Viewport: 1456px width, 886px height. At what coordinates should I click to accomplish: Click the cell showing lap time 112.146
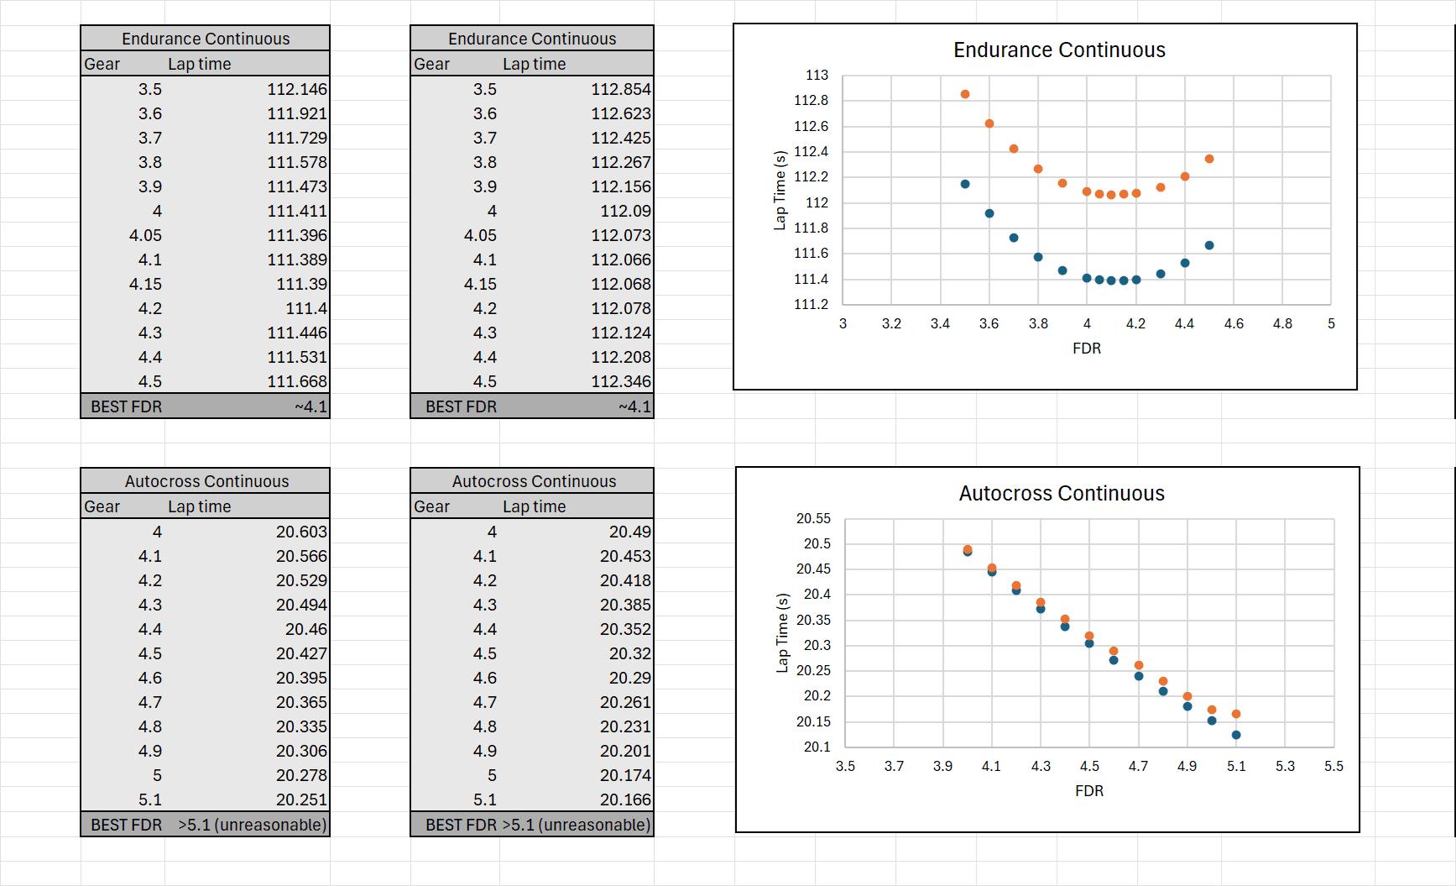tap(296, 89)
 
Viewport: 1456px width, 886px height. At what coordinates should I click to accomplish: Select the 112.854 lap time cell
tap(620, 89)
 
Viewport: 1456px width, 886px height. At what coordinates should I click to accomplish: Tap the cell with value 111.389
tap(296, 260)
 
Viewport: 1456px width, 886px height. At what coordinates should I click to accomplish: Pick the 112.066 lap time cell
tap(620, 260)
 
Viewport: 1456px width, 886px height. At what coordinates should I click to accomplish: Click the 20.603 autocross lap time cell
tap(301, 532)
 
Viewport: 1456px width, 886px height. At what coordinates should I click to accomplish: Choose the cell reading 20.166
tap(625, 799)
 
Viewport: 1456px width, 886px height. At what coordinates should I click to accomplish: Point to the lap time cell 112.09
tap(625, 211)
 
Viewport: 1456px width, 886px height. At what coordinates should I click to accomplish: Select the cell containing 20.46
tap(305, 629)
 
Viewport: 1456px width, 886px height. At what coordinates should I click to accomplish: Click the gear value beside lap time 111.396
tap(145, 235)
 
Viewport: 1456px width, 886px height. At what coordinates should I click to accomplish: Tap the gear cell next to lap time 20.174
tap(492, 775)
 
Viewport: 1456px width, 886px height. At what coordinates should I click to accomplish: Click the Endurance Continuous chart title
tap(1059, 50)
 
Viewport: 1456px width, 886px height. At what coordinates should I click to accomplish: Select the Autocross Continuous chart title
tap(1062, 494)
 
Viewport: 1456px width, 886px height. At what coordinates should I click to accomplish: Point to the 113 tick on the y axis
tap(817, 76)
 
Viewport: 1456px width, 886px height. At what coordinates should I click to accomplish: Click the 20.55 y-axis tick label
tap(813, 519)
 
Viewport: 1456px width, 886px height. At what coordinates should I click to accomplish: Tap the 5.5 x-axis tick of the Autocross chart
tap(1333, 766)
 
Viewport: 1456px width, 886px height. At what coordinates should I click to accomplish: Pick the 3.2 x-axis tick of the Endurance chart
tap(891, 323)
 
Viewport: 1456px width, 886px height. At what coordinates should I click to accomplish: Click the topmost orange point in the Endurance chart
tap(965, 94)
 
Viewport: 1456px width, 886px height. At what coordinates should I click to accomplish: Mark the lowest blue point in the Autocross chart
tap(1236, 735)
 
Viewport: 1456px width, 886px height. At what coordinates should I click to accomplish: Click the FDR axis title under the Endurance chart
tap(1087, 349)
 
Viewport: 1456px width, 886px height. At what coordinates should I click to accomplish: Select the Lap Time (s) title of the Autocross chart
tap(783, 633)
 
